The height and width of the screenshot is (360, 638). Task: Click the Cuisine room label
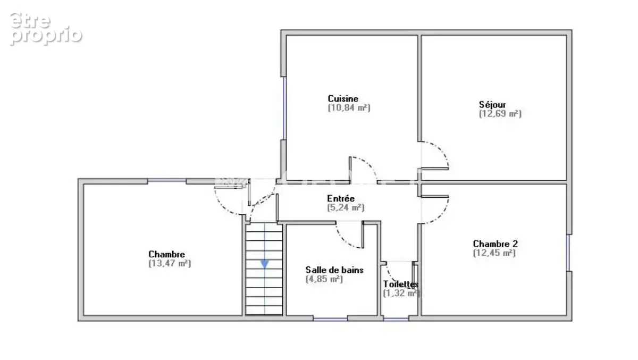(x=343, y=98)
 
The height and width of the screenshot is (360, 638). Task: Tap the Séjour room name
(x=492, y=105)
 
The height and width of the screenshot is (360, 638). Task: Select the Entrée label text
(x=341, y=198)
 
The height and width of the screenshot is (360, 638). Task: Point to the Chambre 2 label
(x=496, y=244)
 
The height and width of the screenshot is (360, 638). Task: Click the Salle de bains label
(x=334, y=270)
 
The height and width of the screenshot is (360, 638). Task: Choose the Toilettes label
(x=401, y=284)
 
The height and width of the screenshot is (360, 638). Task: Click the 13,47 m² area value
(x=170, y=263)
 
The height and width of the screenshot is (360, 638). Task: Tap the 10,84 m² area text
(x=349, y=107)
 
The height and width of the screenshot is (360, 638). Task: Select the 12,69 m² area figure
(x=500, y=114)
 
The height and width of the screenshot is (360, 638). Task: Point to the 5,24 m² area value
(x=346, y=207)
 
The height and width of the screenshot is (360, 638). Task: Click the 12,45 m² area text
(x=494, y=253)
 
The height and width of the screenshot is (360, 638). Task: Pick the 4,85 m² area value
(x=324, y=279)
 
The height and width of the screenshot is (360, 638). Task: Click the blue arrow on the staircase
(x=265, y=264)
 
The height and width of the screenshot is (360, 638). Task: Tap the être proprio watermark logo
(x=46, y=29)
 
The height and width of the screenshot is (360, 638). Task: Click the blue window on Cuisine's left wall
(x=284, y=108)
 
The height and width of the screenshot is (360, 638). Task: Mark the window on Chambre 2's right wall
(x=568, y=253)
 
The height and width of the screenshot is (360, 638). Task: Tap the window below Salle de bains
(x=330, y=320)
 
